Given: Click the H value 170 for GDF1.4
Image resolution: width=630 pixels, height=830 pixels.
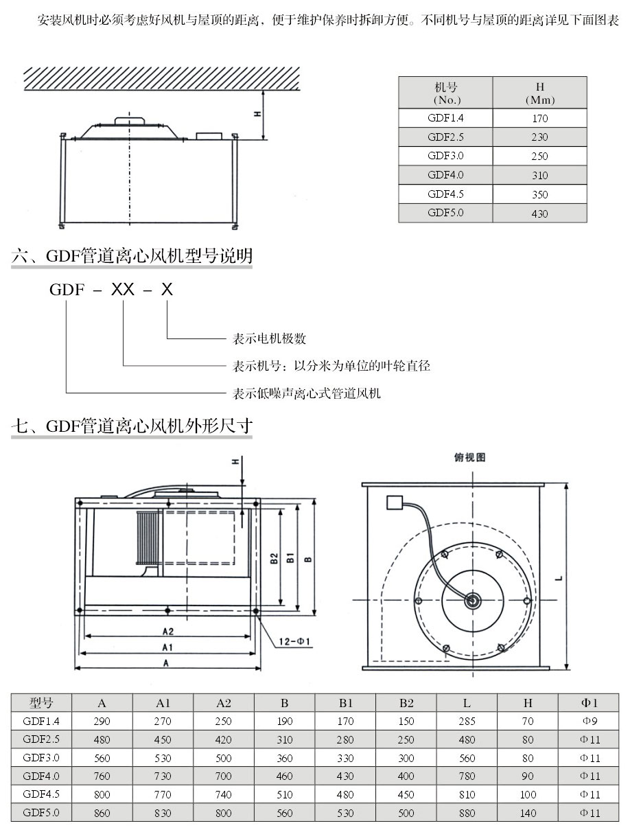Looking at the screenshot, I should pyautogui.click(x=539, y=118).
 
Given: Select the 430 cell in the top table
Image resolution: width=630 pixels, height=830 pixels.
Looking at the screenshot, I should pyautogui.click(x=539, y=214).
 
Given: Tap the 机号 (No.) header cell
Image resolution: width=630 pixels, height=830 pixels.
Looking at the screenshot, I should pyautogui.click(x=445, y=93).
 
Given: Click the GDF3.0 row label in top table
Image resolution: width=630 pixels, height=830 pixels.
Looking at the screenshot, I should pyautogui.click(x=445, y=156).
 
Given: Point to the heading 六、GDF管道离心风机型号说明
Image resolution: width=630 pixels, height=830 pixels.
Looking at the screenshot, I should pyautogui.click(x=132, y=257).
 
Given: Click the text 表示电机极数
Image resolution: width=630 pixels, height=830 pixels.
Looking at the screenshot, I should pyautogui.click(x=269, y=338).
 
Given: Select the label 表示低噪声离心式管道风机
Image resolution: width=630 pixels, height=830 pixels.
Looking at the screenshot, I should pyautogui.click(x=306, y=393).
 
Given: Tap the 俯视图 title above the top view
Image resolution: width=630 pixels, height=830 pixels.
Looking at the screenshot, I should pyautogui.click(x=469, y=458).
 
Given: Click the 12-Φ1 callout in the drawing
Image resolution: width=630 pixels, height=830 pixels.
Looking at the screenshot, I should pyautogui.click(x=295, y=642).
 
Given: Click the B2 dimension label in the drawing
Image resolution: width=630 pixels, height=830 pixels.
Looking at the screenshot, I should pyautogui.click(x=273, y=559).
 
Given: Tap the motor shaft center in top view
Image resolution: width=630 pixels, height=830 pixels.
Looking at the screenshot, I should pyautogui.click(x=471, y=601).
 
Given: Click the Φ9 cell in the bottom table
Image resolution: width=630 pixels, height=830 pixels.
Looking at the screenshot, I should pyautogui.click(x=590, y=721).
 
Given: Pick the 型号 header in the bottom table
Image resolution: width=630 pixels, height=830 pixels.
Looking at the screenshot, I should pyautogui.click(x=41, y=703).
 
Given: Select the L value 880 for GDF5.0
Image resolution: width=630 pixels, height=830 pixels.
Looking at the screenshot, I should pyautogui.click(x=467, y=813).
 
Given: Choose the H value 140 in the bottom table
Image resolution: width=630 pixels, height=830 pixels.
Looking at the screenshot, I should pyautogui.click(x=528, y=813).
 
